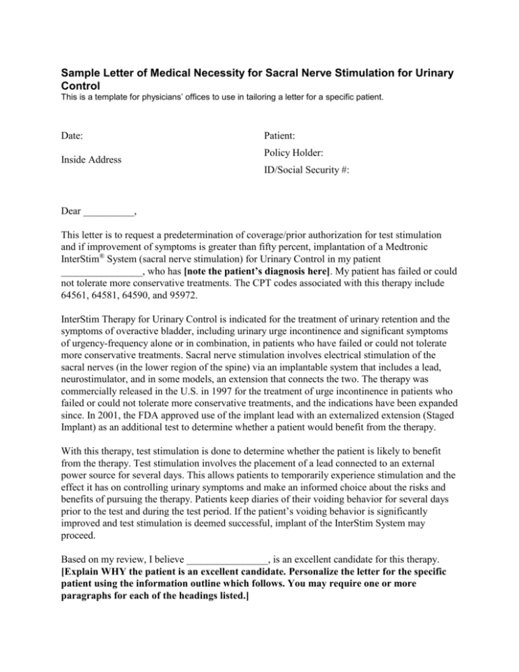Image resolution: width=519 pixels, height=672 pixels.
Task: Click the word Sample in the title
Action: [x=81, y=72]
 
